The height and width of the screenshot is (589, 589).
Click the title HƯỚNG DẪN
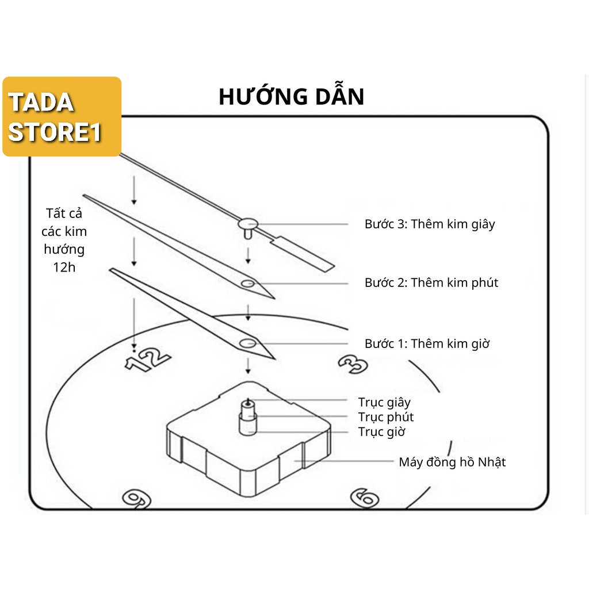[292, 97]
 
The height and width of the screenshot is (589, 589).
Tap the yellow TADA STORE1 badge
[62, 117]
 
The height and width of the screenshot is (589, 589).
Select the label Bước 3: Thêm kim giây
[430, 224]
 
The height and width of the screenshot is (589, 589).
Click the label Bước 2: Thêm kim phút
[431, 282]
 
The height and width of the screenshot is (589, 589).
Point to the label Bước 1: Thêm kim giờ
[427, 343]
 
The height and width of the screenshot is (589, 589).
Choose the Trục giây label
[384, 402]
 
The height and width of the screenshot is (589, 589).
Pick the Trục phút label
[386, 417]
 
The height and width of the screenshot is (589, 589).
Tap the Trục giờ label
[382, 432]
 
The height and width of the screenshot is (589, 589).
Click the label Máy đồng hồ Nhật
[452, 462]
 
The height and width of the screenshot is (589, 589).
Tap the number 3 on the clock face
[352, 363]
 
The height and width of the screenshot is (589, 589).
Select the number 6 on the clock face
[365, 497]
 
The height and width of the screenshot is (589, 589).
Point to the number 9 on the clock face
[137, 498]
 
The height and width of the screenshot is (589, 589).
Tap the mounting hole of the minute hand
[248, 284]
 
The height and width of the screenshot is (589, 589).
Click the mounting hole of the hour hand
[248, 344]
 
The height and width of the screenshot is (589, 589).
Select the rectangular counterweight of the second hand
[309, 254]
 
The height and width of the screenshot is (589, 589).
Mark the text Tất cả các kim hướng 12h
[64, 240]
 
